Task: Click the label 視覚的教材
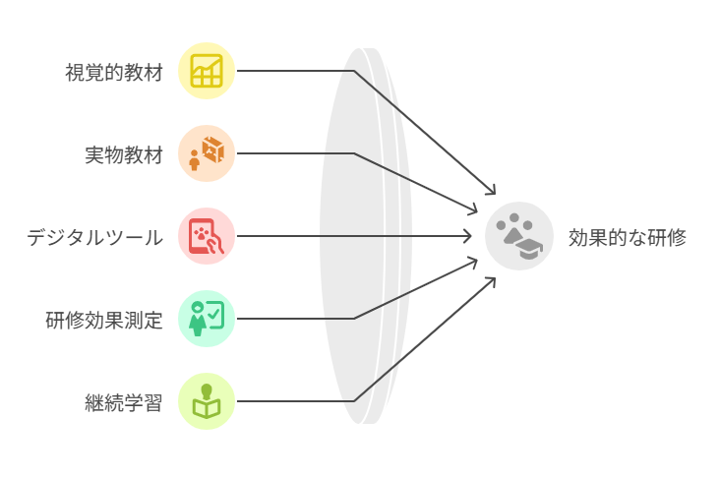coord(114,72)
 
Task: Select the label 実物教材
coord(124,154)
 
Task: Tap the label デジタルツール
coord(94,237)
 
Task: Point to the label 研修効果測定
coord(104,320)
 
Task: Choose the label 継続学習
coord(124,402)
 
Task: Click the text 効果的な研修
coord(627,237)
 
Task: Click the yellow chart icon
coord(207,71)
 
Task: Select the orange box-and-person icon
coord(207,153)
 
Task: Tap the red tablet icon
coord(207,236)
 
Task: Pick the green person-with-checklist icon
coord(207,319)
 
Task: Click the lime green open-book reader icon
coord(207,401)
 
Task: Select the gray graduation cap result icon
coord(519,236)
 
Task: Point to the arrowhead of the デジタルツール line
coord(470,236)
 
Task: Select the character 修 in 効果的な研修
coord(676,237)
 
